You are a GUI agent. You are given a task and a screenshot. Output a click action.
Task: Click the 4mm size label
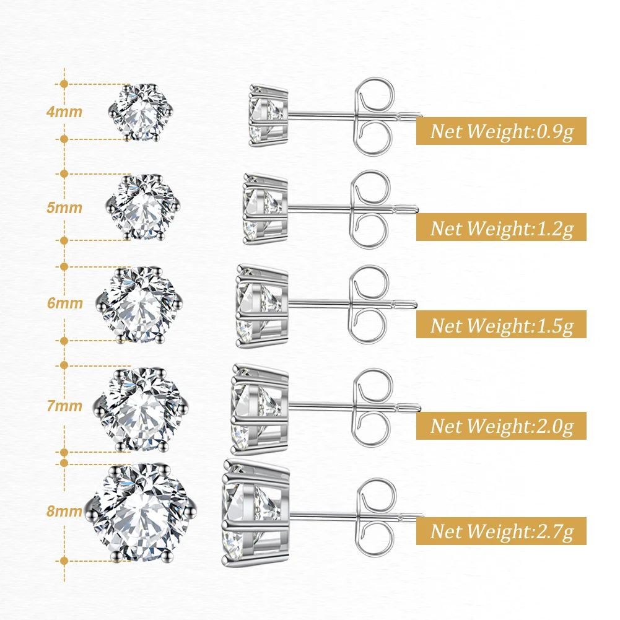click(64, 112)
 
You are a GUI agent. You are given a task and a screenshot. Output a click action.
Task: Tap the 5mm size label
click(64, 207)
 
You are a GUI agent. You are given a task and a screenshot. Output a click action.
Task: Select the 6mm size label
click(64, 303)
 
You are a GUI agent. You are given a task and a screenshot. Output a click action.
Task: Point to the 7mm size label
click(64, 406)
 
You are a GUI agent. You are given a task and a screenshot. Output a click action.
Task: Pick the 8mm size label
click(64, 512)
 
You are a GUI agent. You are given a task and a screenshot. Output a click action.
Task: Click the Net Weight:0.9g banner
click(501, 131)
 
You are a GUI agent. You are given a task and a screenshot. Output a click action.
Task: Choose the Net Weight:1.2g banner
click(501, 228)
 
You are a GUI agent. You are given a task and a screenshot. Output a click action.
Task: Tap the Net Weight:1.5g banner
click(501, 325)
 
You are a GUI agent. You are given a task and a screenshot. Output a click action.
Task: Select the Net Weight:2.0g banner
click(501, 426)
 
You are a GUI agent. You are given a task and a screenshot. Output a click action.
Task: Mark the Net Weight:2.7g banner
click(501, 531)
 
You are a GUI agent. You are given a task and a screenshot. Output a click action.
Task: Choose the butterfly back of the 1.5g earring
click(370, 303)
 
